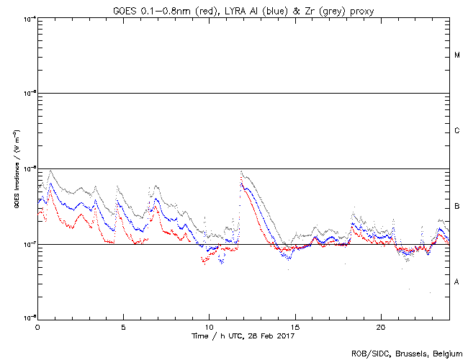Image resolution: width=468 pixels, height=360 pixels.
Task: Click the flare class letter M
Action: [457, 55]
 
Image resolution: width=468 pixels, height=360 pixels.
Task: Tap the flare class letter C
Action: [457, 131]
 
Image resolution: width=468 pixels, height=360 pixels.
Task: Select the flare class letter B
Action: [457, 207]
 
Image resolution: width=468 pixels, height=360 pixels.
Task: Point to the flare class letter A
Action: [457, 282]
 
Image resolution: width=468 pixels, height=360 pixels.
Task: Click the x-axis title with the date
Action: [243, 336]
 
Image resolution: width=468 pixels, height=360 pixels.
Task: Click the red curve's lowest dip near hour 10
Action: [204, 264]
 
